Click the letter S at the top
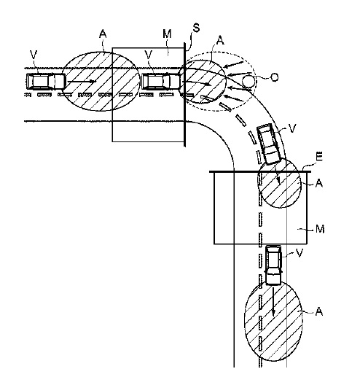pos(196,28)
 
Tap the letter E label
pos(319,157)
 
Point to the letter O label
pos(274,77)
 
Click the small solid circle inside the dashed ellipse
pos(249,81)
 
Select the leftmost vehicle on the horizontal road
pos(46,81)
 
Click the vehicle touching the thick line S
pos(162,82)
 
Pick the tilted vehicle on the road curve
pos(269,144)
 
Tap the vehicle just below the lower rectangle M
pos(273,265)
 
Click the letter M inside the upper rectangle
pos(167,34)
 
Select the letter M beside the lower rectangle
pos(320,229)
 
